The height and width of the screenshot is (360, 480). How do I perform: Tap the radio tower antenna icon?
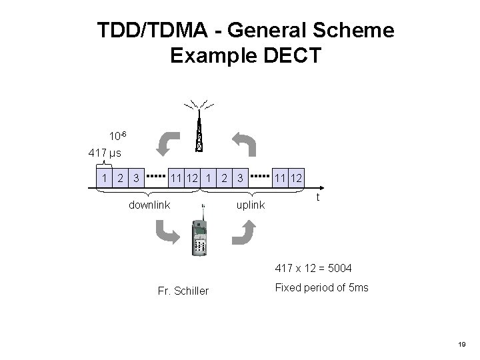click(x=199, y=127)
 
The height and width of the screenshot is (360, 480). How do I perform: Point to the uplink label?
click(x=251, y=205)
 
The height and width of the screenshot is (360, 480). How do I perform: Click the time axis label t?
click(x=319, y=199)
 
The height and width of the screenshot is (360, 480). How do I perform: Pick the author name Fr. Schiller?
click(x=183, y=291)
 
